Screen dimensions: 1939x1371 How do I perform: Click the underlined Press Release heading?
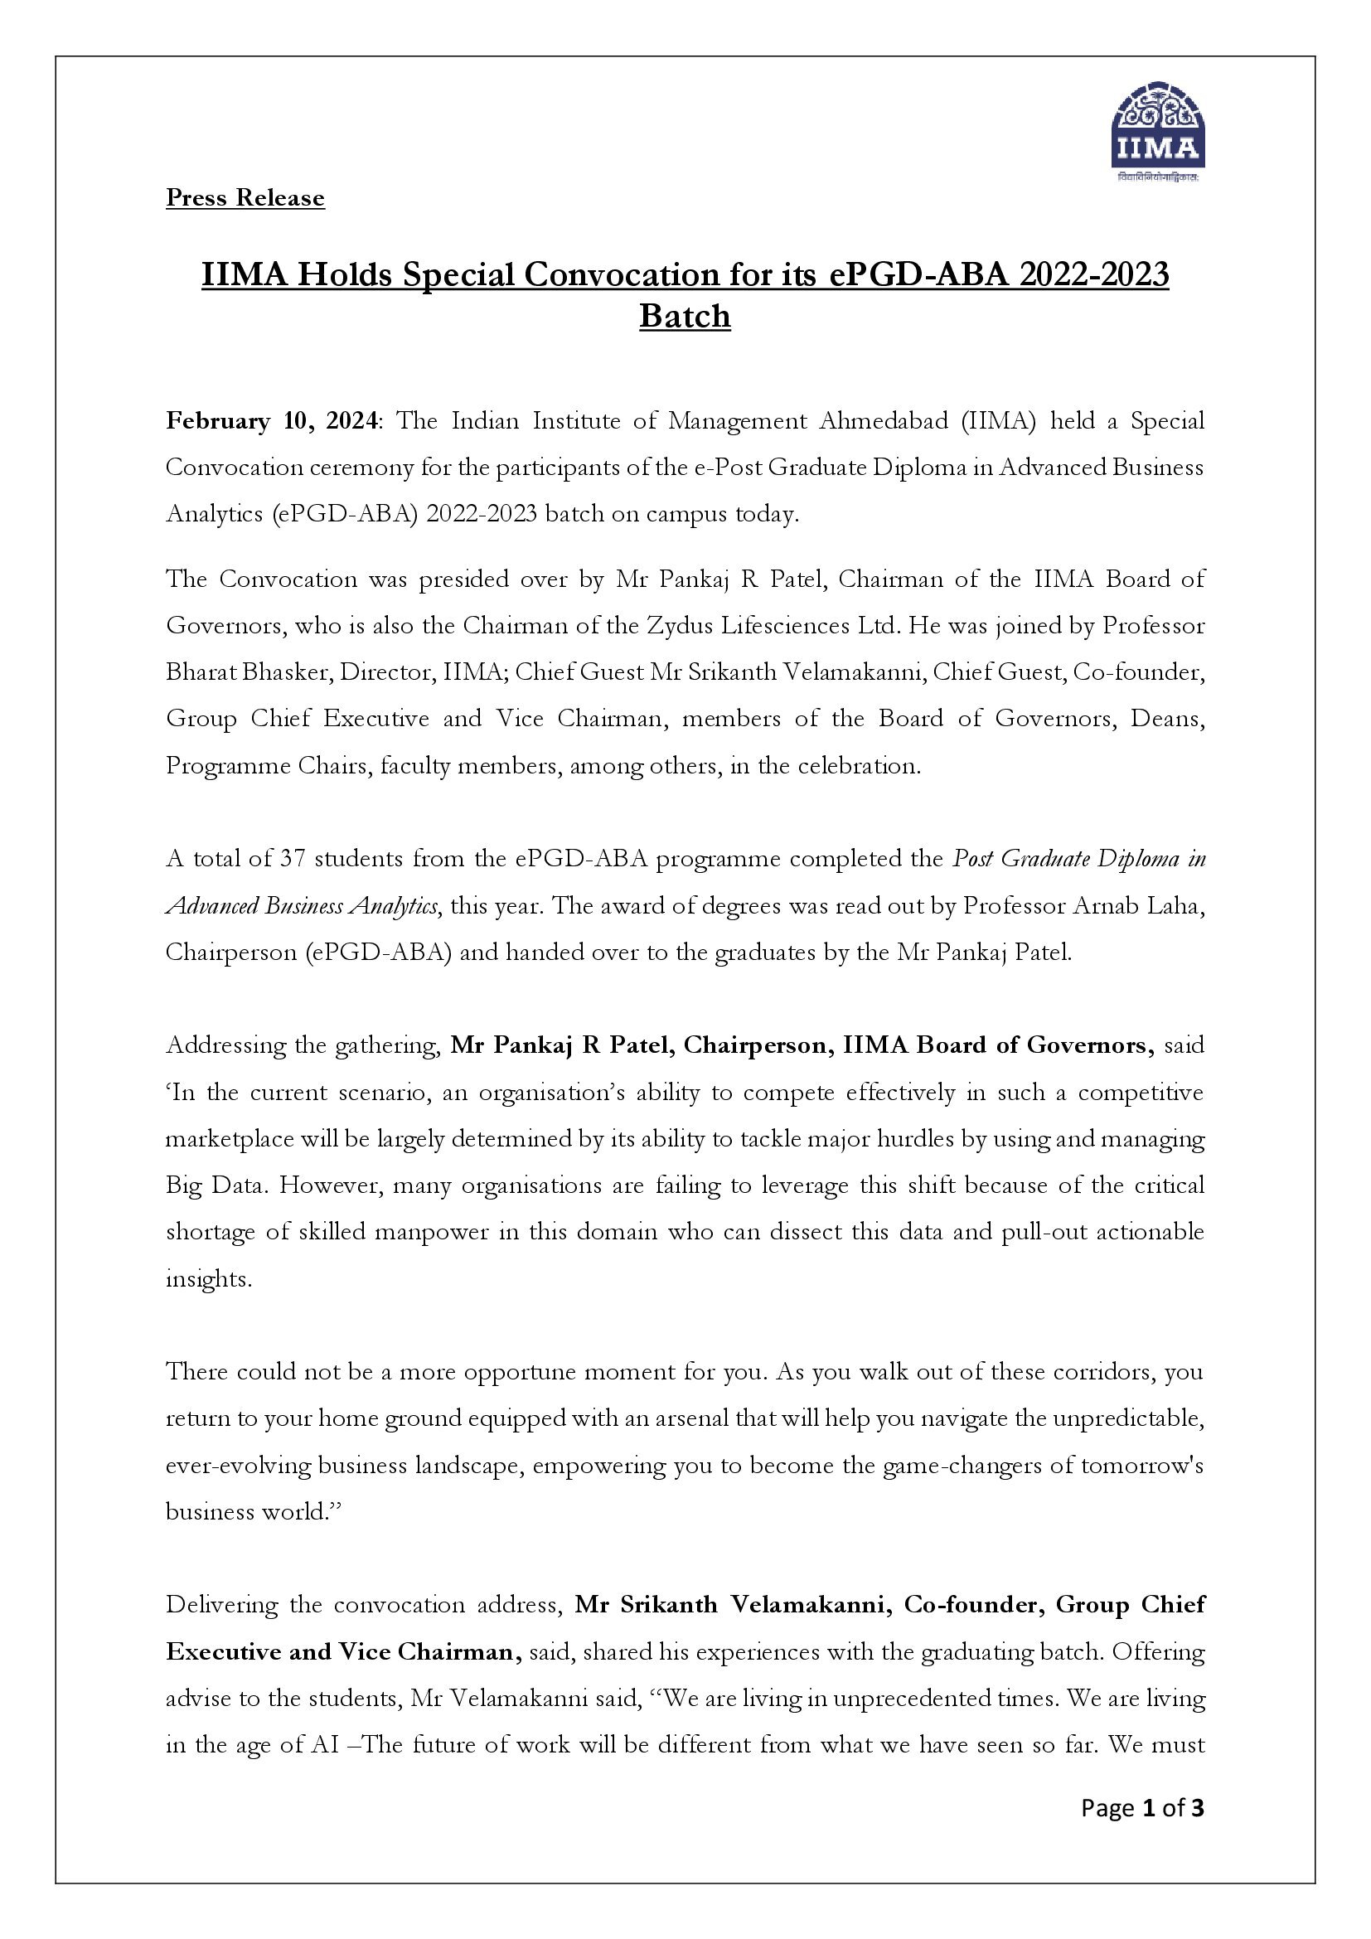pyautogui.click(x=245, y=197)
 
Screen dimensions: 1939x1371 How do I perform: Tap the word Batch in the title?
pyautogui.click(x=685, y=317)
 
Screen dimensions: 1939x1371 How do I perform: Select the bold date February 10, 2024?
pyautogui.click(x=271, y=420)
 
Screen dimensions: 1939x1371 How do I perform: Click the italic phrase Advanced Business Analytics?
pyautogui.click(x=302, y=906)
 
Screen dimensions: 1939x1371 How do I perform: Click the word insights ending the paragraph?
pyautogui.click(x=207, y=1278)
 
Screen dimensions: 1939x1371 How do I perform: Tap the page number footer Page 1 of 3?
pyautogui.click(x=1142, y=1808)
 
